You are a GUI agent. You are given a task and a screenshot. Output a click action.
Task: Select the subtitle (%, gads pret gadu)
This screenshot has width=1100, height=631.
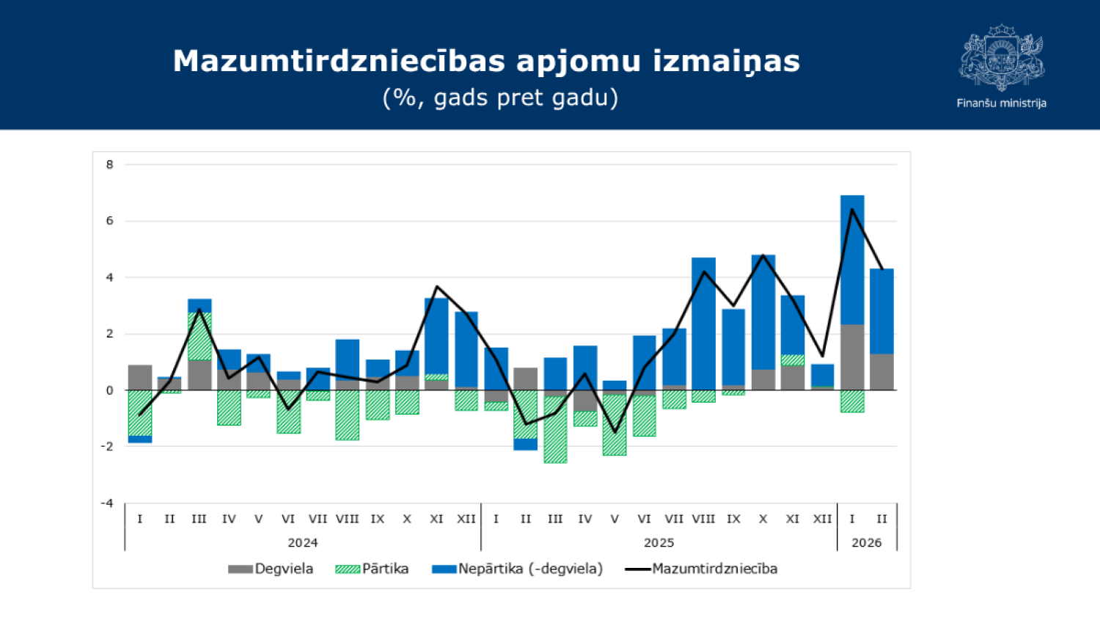pyautogui.click(x=500, y=98)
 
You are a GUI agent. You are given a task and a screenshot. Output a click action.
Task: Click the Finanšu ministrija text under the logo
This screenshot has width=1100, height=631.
pyautogui.click(x=1001, y=103)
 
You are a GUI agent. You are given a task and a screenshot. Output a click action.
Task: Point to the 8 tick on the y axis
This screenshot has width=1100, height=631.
pyautogui.click(x=110, y=165)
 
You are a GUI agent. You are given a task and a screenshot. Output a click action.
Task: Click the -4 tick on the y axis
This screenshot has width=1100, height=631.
pyautogui.click(x=108, y=503)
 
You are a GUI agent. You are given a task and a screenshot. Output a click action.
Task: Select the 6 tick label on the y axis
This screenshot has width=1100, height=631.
pyautogui.click(x=110, y=221)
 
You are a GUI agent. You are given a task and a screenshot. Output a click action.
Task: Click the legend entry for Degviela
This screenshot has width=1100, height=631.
pyautogui.click(x=271, y=569)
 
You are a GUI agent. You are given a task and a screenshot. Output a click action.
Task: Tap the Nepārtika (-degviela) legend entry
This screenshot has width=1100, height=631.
pyautogui.click(x=518, y=569)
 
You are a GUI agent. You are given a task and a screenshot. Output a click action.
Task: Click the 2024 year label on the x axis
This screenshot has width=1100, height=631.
pyautogui.click(x=302, y=543)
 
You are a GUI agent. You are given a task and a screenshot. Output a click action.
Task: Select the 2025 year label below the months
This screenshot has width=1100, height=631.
pyautogui.click(x=659, y=543)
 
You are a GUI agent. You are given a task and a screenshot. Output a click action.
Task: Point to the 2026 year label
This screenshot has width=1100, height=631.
pyautogui.click(x=866, y=543)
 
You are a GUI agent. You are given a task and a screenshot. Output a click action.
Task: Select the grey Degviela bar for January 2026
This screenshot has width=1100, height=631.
pyautogui.click(x=852, y=357)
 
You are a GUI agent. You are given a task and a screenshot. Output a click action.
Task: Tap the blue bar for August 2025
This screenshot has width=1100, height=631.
pyautogui.click(x=703, y=323)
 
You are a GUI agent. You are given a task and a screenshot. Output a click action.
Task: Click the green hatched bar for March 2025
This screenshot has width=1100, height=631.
pyautogui.click(x=555, y=429)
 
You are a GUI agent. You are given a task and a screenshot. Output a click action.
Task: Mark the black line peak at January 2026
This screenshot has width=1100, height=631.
pyautogui.click(x=852, y=210)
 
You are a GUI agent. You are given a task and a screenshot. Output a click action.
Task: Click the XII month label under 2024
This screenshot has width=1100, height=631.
pyautogui.click(x=466, y=519)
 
